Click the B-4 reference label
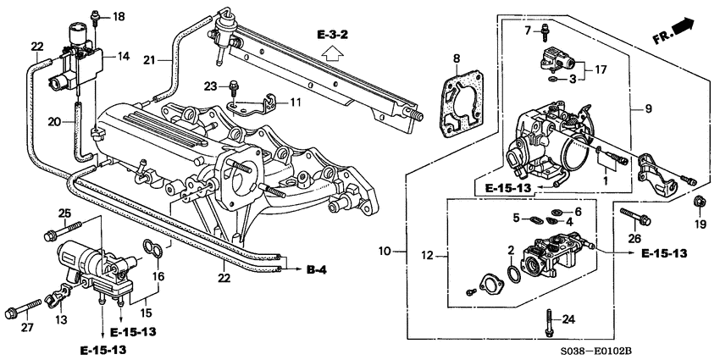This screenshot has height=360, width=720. click(x=316, y=270)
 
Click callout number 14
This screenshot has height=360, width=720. click(x=124, y=56)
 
